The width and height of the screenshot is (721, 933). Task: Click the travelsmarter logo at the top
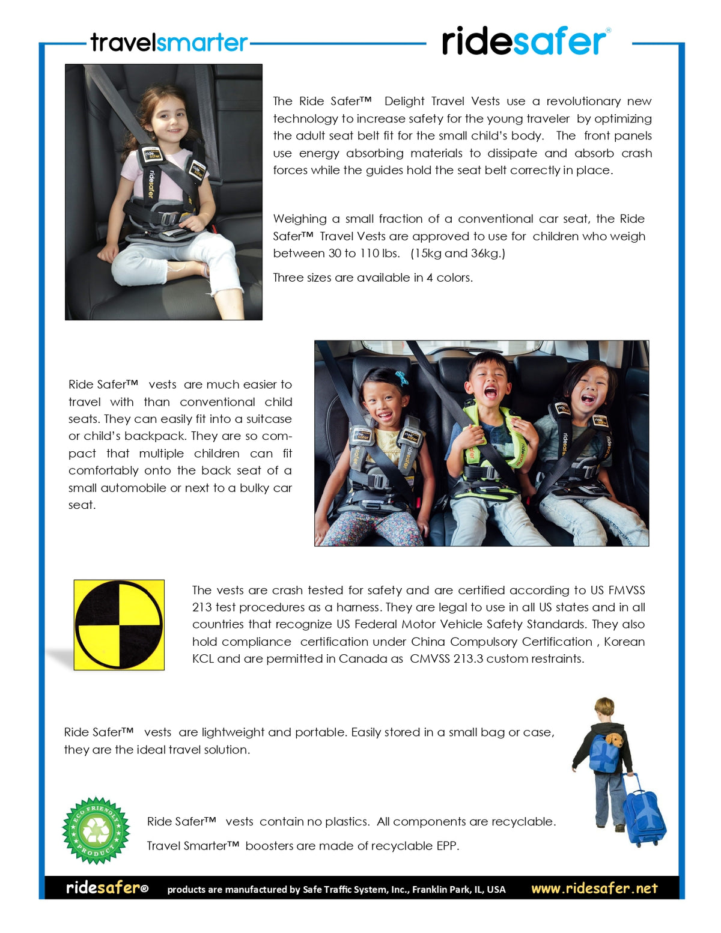click(x=169, y=43)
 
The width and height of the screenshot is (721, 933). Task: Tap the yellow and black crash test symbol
click(x=119, y=625)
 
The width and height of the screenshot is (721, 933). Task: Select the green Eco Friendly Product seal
click(x=96, y=830)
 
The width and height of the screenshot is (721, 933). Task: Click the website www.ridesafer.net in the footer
click(x=594, y=888)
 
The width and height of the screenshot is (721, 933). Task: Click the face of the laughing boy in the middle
click(x=488, y=382)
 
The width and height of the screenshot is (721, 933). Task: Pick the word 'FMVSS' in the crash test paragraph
click(x=626, y=590)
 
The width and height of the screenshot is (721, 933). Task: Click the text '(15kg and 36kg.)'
click(x=458, y=253)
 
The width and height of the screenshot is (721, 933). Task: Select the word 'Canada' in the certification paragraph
click(x=362, y=658)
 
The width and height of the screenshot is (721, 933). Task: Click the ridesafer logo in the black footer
click(x=107, y=888)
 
